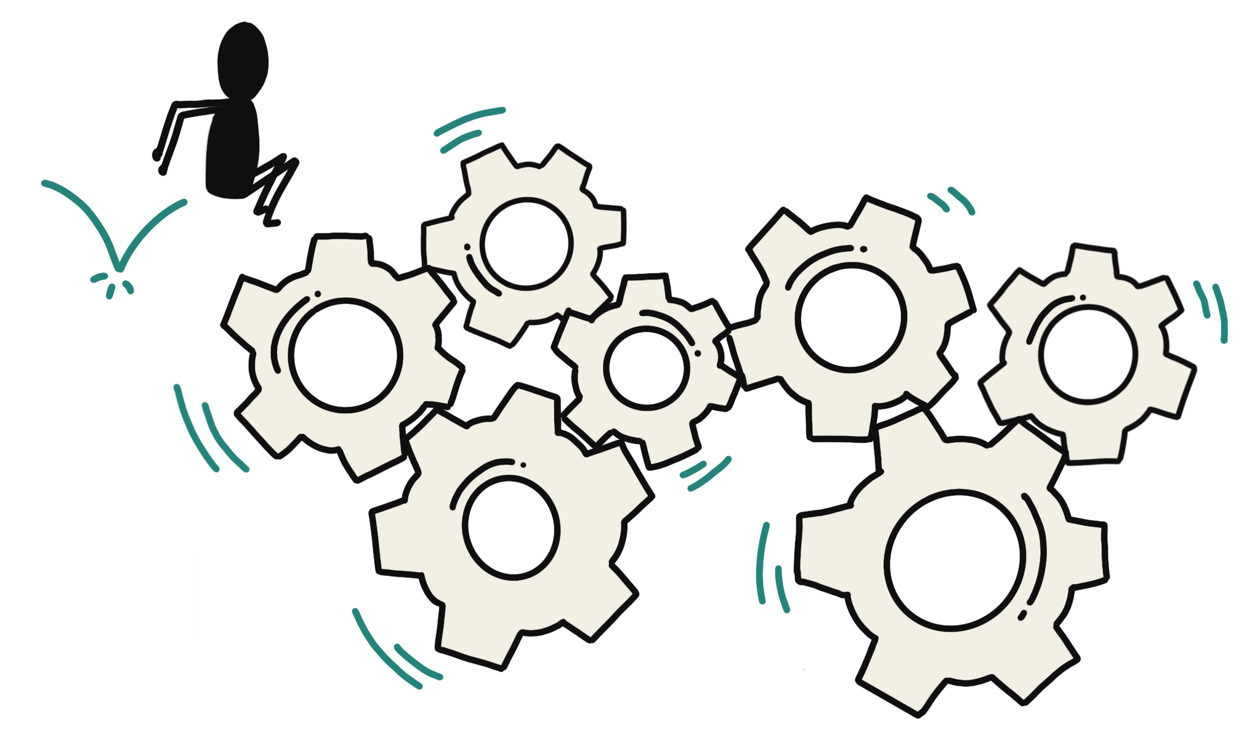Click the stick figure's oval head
pyautogui.click(x=243, y=58)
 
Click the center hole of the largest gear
pyautogui.click(x=955, y=560)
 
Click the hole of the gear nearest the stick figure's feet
pyautogui.click(x=527, y=243)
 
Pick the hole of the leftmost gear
pyautogui.click(x=345, y=355)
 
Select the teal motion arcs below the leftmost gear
pyautogui.click(x=209, y=431)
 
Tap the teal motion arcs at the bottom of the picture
pyautogui.click(x=394, y=650)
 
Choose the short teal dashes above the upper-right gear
pyautogui.click(x=951, y=200)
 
